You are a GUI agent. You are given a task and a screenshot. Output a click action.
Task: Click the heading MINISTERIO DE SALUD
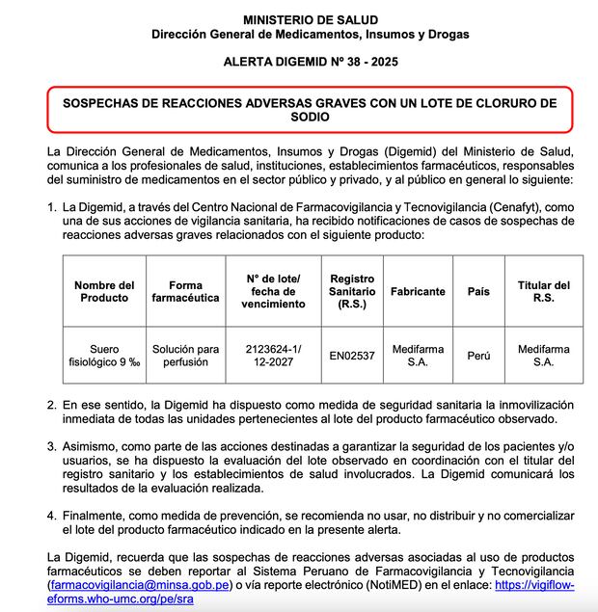pyautogui.click(x=310, y=19)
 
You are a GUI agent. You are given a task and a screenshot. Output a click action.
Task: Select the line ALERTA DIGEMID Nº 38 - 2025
pyautogui.click(x=310, y=61)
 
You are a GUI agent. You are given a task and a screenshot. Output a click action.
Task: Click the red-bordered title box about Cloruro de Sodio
pyautogui.click(x=310, y=109)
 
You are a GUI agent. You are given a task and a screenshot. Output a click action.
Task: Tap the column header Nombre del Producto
pyautogui.click(x=103, y=291)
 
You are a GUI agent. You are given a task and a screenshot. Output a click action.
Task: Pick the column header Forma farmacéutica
pyautogui.click(x=185, y=291)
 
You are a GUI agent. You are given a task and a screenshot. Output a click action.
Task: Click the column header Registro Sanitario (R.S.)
pyautogui.click(x=352, y=291)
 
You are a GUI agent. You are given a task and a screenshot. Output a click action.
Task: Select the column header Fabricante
pyautogui.click(x=418, y=291)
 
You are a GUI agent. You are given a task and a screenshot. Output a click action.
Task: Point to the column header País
pyautogui.click(x=478, y=291)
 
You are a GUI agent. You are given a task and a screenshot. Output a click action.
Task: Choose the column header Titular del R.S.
pyautogui.click(x=543, y=291)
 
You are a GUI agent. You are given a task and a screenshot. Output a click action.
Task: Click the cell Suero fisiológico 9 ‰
pyautogui.click(x=103, y=356)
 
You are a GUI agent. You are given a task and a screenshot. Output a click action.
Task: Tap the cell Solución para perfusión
pyautogui.click(x=185, y=356)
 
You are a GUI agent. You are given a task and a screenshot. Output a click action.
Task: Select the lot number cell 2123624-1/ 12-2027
pyautogui.click(x=273, y=356)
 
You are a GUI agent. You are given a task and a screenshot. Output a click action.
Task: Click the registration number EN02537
pyautogui.click(x=352, y=357)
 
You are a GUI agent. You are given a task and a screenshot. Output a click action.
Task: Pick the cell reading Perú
pyautogui.click(x=478, y=357)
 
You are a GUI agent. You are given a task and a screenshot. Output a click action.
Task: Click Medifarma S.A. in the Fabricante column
pyautogui.click(x=418, y=356)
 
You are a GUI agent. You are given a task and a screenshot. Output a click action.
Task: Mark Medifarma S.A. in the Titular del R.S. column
pyautogui.click(x=543, y=356)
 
